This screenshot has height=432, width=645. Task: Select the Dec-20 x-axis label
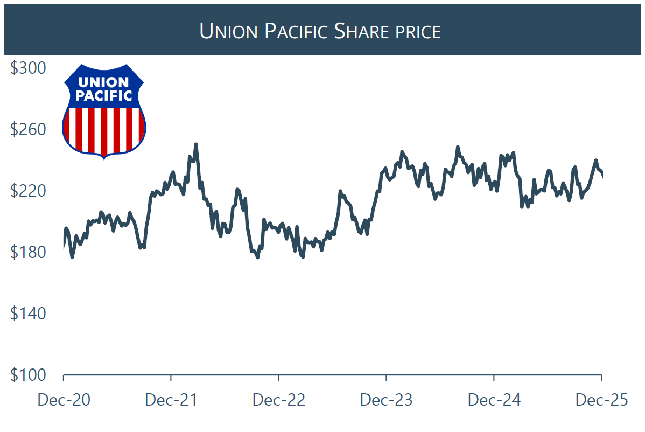pos(64,400)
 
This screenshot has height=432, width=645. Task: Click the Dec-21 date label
pos(171,400)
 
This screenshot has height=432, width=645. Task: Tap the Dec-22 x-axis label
pos(279,400)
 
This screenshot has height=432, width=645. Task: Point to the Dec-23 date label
pos(387,400)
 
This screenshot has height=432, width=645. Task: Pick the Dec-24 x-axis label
pos(494,400)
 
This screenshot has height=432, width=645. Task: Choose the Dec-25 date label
pos(601,400)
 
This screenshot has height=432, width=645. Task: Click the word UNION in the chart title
pos(229,31)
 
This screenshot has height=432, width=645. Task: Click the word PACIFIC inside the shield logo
pos(104,96)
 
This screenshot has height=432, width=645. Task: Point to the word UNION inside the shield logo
pos(104,82)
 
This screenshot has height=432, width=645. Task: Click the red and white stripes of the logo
pos(104,129)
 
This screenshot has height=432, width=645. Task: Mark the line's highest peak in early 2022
pos(195,144)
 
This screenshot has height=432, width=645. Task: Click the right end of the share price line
pos(601,173)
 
